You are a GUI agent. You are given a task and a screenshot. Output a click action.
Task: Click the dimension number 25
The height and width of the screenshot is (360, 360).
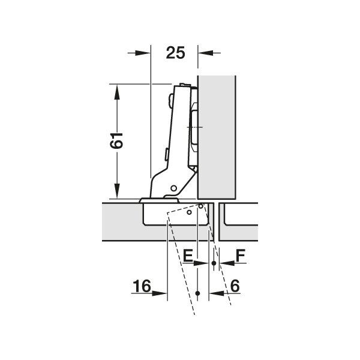pyautogui.click(x=175, y=53)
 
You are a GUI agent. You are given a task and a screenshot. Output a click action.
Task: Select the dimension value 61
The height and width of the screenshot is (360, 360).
pyautogui.click(x=116, y=140)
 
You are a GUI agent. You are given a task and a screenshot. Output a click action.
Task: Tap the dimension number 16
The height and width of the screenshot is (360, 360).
pyautogui.click(x=142, y=286)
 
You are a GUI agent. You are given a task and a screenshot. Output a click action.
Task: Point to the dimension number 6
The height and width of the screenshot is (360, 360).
pyautogui.click(x=235, y=286)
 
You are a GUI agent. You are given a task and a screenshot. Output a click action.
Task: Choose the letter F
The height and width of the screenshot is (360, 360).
pyautogui.click(x=241, y=256)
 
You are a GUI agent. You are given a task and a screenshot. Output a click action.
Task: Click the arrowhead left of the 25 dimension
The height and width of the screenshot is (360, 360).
pyautogui.click(x=143, y=53)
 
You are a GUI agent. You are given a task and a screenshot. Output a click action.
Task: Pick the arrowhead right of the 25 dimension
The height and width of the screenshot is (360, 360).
pyautogui.click(x=206, y=53)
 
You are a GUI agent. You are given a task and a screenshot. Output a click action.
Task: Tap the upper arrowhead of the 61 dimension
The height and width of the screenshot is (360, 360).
pyautogui.click(x=117, y=92)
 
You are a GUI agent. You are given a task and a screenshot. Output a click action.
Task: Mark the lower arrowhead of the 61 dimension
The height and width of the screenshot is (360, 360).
pyautogui.click(x=117, y=191)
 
